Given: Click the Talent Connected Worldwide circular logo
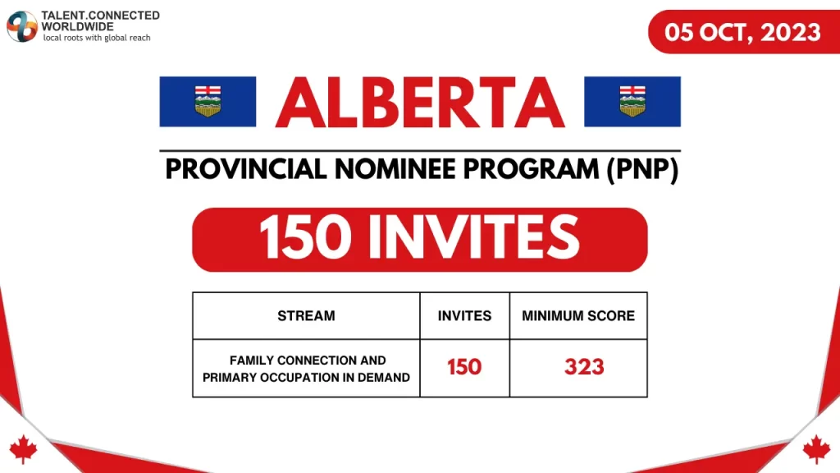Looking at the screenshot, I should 22,26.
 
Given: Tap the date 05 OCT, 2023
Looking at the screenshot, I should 743,32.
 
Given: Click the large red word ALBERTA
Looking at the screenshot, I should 420,103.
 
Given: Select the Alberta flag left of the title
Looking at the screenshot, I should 208,101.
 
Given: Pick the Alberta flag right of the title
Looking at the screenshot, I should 632,101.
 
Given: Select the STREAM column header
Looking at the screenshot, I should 306,315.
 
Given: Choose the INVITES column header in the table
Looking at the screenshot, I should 464,315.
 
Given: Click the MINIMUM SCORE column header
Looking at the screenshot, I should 578,315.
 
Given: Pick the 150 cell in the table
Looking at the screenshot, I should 464,367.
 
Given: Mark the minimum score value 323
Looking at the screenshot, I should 584,367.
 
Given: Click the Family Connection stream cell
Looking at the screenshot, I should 307,368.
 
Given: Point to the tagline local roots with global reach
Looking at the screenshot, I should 97,38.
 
